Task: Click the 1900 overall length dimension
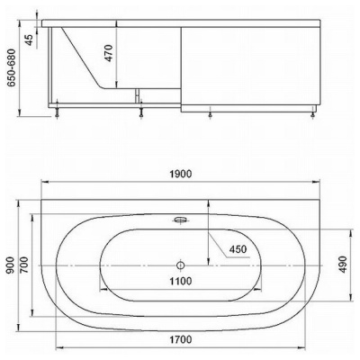180,175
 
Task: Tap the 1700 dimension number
180,340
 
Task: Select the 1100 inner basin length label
180,281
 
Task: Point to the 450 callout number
238,249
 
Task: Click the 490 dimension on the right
343,265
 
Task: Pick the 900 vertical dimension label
11,265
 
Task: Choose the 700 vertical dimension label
24,265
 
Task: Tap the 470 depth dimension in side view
109,53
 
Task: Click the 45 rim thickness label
29,40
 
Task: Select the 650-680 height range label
12,67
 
